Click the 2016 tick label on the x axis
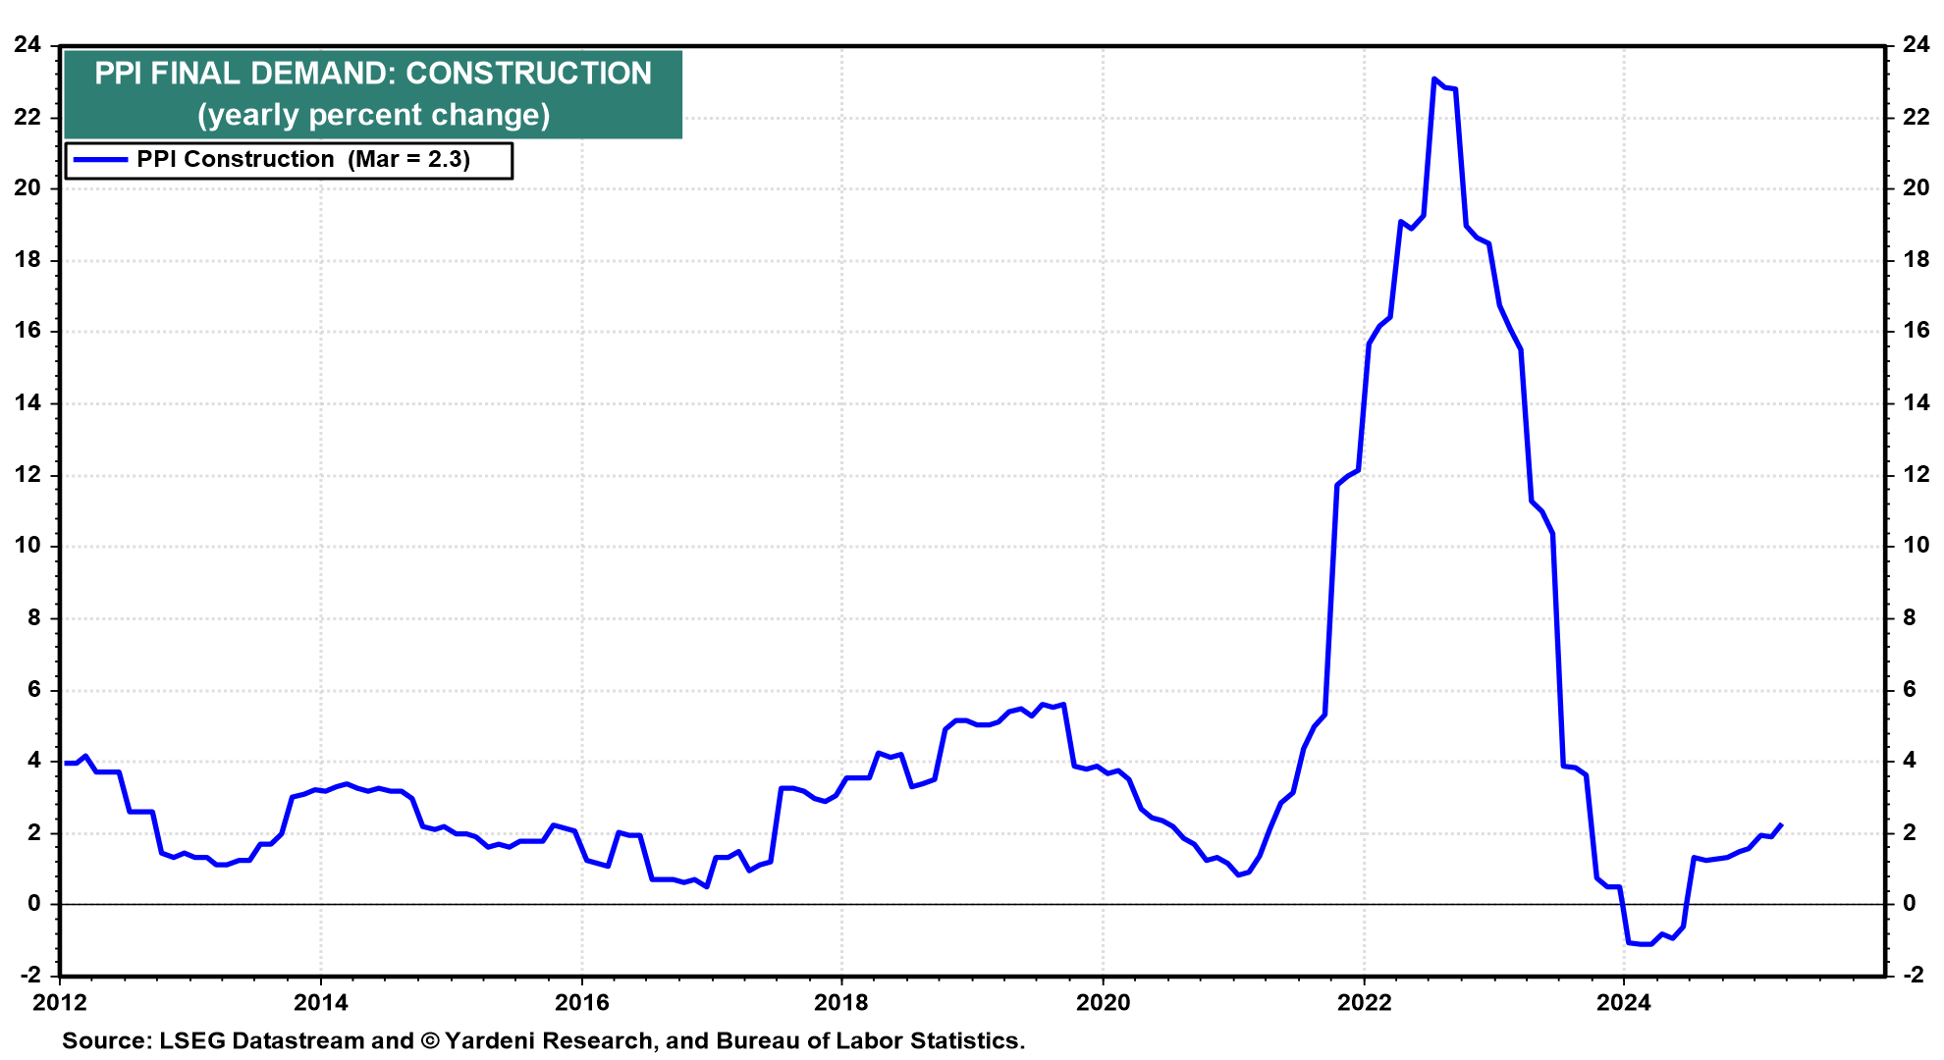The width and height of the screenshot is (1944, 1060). point(581,1002)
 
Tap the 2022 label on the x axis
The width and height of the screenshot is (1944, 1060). point(1364,1002)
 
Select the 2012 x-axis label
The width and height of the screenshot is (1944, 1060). point(60,1002)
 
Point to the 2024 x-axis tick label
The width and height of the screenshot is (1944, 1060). point(1624,1002)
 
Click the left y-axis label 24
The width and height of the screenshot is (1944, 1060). point(27,45)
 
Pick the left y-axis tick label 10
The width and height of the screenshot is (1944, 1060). point(27,546)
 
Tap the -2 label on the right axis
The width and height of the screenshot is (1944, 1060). point(1914,975)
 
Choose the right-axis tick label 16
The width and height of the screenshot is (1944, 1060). point(1916,331)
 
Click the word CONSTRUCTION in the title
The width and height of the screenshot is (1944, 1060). point(528,74)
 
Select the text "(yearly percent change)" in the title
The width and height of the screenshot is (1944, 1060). point(373,115)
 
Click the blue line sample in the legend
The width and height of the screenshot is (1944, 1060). point(99,159)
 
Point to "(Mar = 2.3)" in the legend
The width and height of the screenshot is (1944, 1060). point(409,159)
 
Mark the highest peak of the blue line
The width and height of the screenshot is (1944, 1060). point(1434,79)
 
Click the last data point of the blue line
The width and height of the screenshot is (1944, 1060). point(1781,824)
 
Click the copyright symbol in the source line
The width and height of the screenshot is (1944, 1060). point(429,1040)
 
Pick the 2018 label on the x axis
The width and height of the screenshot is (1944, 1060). point(841,1002)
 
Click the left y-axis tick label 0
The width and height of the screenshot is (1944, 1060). point(34,903)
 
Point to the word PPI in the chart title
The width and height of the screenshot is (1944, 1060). point(118,74)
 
